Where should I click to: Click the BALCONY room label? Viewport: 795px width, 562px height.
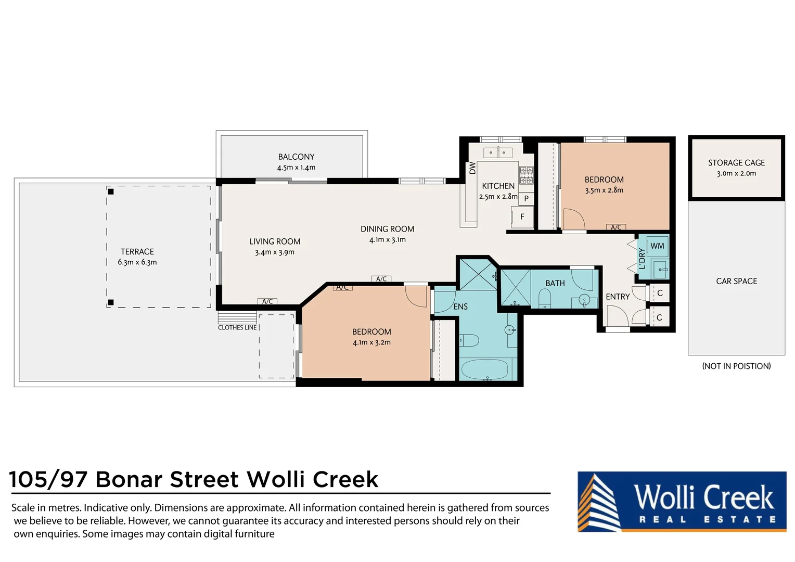click(296, 157)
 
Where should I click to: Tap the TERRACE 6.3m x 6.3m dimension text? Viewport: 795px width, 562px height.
click(137, 262)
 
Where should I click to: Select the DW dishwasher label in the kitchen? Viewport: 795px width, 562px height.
click(472, 168)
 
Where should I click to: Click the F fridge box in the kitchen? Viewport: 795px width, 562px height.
click(522, 217)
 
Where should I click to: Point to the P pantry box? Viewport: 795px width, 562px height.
click(527, 198)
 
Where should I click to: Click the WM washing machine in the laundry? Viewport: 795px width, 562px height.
click(657, 246)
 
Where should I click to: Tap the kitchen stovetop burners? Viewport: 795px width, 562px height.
click(526, 175)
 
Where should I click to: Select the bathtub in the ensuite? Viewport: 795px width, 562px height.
click(484, 370)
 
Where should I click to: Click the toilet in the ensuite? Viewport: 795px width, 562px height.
click(469, 341)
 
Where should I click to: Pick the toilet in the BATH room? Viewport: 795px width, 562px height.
click(545, 298)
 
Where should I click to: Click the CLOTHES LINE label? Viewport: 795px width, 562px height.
click(237, 327)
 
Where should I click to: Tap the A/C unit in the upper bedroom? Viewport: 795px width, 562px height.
click(616, 227)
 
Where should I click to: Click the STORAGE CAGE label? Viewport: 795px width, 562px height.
click(736, 163)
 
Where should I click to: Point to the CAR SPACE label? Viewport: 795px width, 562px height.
click(736, 281)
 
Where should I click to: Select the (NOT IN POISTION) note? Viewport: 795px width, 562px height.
click(736, 366)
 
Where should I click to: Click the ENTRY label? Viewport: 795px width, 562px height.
click(618, 297)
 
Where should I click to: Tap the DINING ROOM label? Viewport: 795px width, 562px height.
click(387, 229)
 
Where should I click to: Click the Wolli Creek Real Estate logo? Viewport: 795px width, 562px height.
click(682, 502)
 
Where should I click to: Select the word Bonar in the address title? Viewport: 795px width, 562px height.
click(129, 479)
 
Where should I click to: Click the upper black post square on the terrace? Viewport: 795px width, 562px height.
click(111, 191)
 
